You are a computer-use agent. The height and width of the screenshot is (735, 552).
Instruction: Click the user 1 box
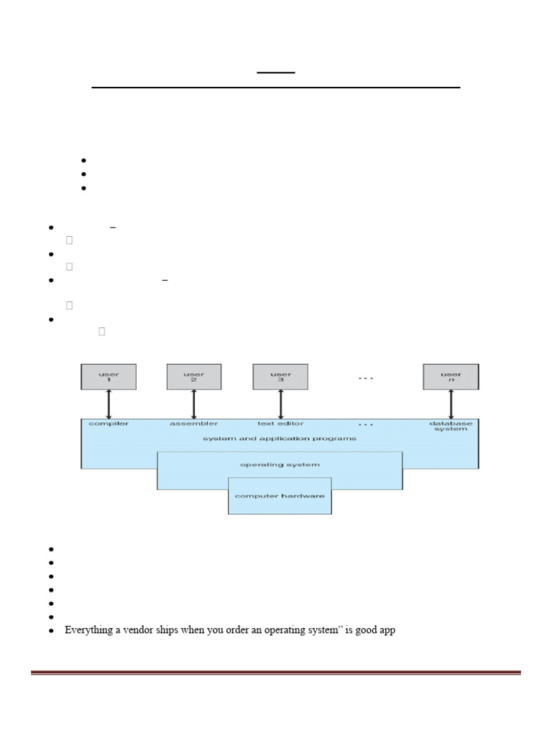coord(109,377)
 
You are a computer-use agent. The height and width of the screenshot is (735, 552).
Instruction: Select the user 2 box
coord(194,377)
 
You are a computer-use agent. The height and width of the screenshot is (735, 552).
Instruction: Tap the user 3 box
coord(280,377)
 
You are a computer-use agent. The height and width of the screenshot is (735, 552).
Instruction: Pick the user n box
coord(451,377)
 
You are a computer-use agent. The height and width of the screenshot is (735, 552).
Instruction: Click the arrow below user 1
coord(109,404)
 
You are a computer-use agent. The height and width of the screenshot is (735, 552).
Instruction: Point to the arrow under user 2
coord(194,404)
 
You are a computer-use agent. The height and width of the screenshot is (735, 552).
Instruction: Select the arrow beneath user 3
coord(280,404)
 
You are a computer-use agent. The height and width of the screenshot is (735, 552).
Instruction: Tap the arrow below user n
coord(451,404)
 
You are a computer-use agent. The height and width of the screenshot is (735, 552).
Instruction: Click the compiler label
coord(109,423)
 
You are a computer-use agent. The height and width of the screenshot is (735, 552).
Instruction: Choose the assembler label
coord(194,423)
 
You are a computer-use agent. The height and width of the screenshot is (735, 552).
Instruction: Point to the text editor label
coord(280,423)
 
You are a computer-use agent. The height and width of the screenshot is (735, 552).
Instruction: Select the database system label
coord(451,426)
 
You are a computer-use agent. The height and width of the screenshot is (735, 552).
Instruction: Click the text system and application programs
coord(279,438)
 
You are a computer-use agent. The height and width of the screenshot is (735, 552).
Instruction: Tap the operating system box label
coord(280,464)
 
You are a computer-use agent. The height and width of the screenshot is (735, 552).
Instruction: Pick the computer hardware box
coord(280,496)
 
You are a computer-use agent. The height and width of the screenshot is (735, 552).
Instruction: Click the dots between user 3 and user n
coord(366,378)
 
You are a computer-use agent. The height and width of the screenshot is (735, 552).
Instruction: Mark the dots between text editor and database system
coord(366,424)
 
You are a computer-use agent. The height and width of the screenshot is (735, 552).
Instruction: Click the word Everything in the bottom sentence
coord(88,630)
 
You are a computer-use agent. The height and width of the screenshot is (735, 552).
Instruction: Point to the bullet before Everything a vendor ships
coord(52,631)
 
